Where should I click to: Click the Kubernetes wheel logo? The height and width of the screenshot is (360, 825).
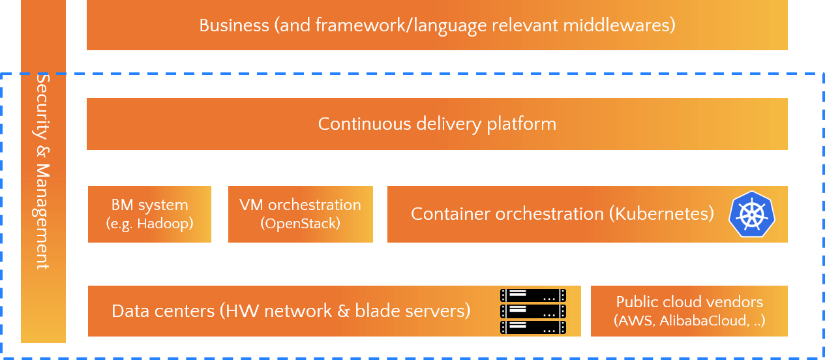(x=752, y=214)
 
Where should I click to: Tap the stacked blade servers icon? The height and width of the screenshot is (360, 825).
(x=533, y=311)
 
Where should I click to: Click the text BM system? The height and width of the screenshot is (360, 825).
(x=149, y=205)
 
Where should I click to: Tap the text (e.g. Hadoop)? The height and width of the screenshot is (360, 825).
(x=149, y=224)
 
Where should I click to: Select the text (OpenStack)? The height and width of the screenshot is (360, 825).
(x=301, y=224)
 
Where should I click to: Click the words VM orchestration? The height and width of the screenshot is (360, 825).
(x=301, y=205)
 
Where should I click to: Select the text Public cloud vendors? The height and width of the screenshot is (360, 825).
(x=689, y=302)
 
